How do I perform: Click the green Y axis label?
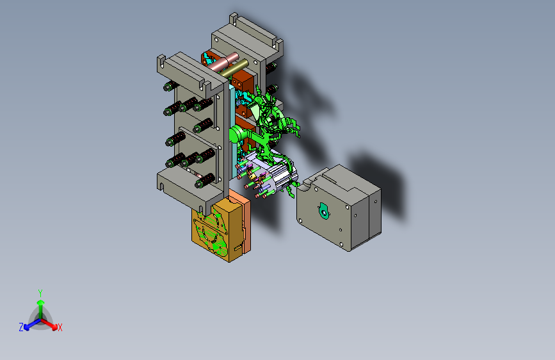[x=40, y=293]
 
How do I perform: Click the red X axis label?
[x=60, y=328]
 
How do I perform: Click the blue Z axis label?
[x=21, y=327]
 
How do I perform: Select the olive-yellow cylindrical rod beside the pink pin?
[x=235, y=69]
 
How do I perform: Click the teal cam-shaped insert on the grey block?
[x=323, y=211]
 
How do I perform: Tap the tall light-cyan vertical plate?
[x=232, y=131]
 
